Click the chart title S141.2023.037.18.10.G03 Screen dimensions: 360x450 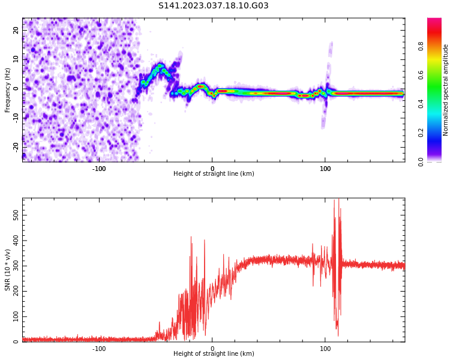214,6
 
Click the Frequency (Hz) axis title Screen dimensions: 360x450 8,90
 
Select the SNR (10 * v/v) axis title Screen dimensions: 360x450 8,270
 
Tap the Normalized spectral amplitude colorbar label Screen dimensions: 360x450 446,90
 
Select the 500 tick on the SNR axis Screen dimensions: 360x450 13,214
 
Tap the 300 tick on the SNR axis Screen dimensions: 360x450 13,265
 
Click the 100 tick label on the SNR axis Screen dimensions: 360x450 13,316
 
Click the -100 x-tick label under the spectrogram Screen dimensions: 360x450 99,169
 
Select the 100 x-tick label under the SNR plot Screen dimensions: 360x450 325,348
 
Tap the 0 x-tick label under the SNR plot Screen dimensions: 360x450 212,348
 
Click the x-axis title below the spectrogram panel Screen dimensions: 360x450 214,174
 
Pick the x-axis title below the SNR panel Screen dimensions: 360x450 214,354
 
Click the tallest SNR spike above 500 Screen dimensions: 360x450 337,200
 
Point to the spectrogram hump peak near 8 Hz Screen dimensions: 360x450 160,65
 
